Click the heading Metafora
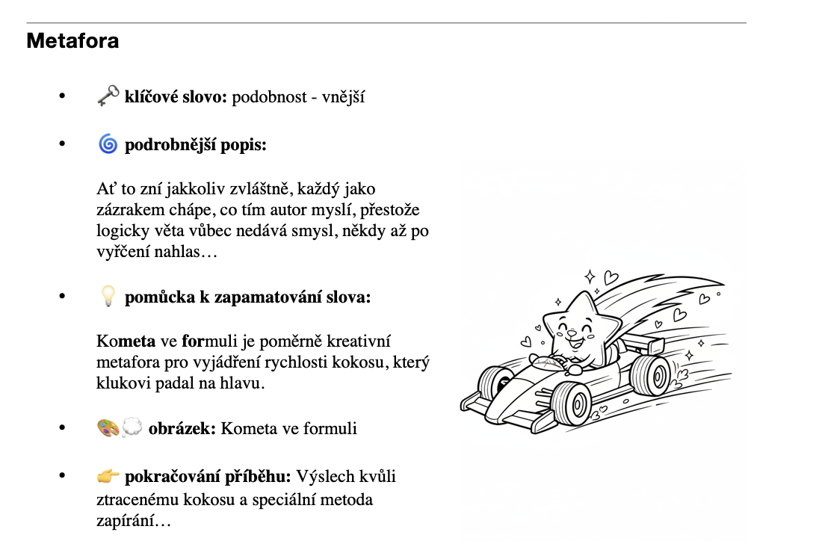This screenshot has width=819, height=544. coord(72,40)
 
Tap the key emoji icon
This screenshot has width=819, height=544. coord(108,96)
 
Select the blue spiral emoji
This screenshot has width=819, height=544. coord(108,144)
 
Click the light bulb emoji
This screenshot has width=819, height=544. coord(108,297)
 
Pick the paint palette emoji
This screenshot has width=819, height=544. coord(108,428)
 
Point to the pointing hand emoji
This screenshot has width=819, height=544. coord(108,476)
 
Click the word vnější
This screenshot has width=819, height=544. coord(343,97)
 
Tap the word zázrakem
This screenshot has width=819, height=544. coord(129,210)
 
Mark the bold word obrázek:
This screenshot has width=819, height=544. coord(182,429)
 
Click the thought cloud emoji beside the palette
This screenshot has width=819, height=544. coord(132,428)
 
